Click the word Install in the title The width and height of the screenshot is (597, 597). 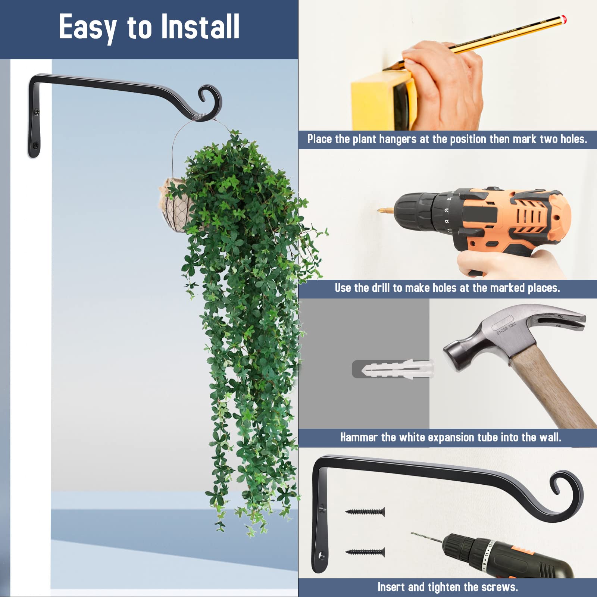click(x=200, y=27)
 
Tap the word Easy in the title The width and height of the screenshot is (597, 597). click(x=88, y=28)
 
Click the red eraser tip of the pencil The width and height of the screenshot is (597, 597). click(x=564, y=18)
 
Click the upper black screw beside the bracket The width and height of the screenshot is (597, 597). click(x=365, y=512)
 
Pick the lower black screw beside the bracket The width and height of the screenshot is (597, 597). click(x=365, y=552)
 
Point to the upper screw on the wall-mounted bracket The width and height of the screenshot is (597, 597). click(x=37, y=111)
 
